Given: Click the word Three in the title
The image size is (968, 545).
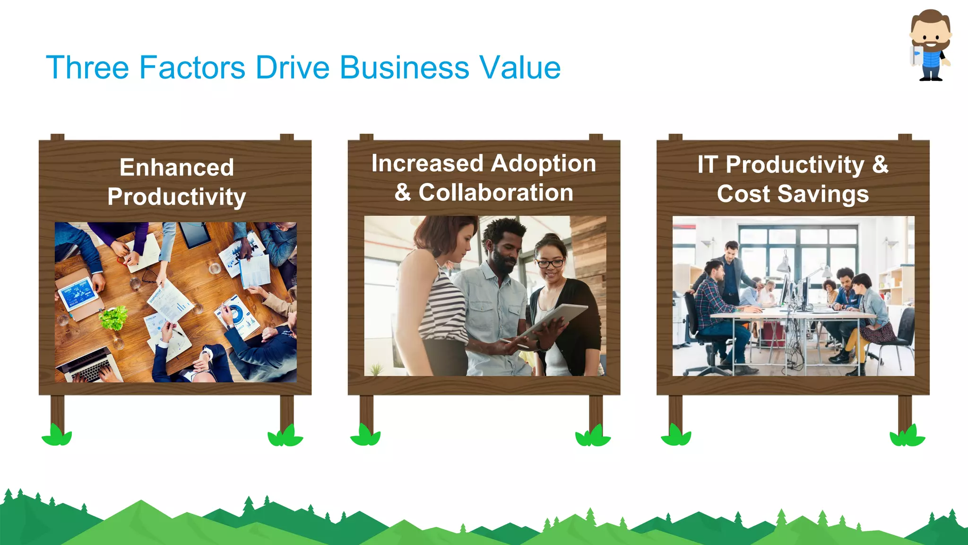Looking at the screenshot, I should (87, 67).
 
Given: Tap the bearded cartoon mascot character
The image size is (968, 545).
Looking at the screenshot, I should (930, 45).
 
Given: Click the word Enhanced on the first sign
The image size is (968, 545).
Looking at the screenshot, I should (177, 167).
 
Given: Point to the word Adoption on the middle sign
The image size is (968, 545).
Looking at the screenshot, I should (543, 164).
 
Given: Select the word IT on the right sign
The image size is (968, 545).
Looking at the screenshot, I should (708, 165).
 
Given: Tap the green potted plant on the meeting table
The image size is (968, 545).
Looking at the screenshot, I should (113, 317).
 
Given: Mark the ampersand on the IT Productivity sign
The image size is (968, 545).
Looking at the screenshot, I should (880, 165).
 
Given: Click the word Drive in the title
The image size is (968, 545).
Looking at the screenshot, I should (292, 67).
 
